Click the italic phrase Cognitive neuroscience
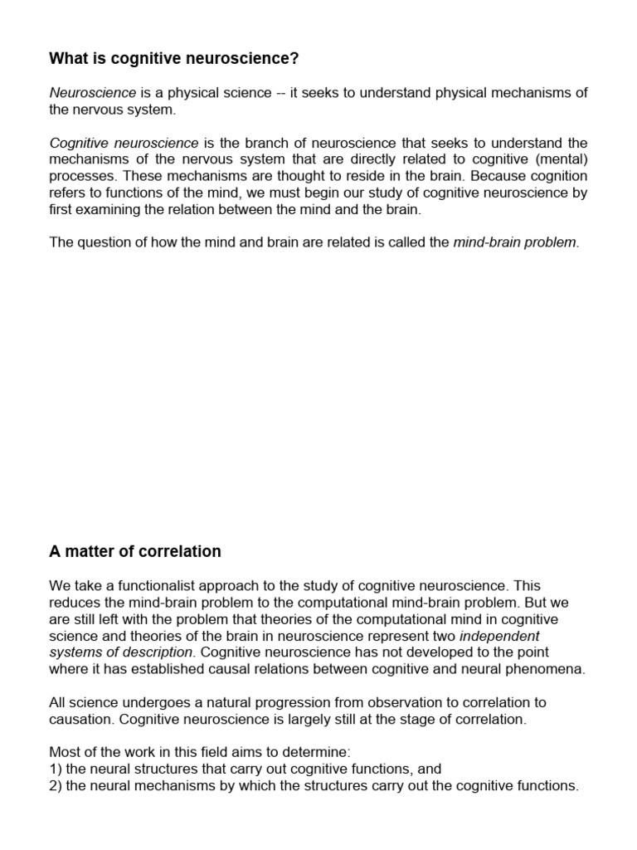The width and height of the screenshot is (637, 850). pyautogui.click(x=124, y=143)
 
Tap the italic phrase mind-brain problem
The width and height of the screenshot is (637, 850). pyautogui.click(x=513, y=243)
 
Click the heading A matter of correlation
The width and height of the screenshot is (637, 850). pyautogui.click(x=135, y=552)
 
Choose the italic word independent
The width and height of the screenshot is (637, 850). pyautogui.click(x=498, y=636)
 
